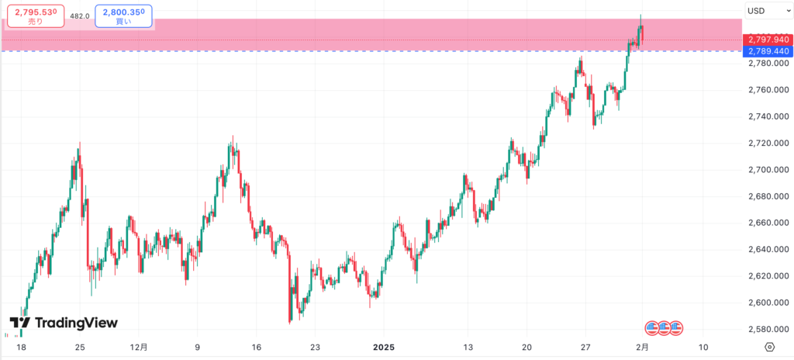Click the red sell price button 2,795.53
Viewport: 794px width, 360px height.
[x=34, y=16]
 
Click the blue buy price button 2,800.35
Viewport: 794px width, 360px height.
[x=123, y=16]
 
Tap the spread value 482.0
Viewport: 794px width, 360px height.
[x=78, y=15]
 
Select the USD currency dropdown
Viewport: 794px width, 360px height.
[x=765, y=11]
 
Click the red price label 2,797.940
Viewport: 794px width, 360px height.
[x=766, y=40]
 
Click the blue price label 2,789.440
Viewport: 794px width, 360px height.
[x=766, y=51]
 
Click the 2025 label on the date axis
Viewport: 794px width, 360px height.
[x=384, y=347]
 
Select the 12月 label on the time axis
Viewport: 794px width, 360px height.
[x=140, y=347]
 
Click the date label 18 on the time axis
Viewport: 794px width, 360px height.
[x=21, y=347]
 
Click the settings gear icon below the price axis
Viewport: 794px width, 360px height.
[x=769, y=347]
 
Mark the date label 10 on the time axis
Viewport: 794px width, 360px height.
[x=703, y=347]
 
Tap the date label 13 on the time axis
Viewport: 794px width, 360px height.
[x=468, y=347]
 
